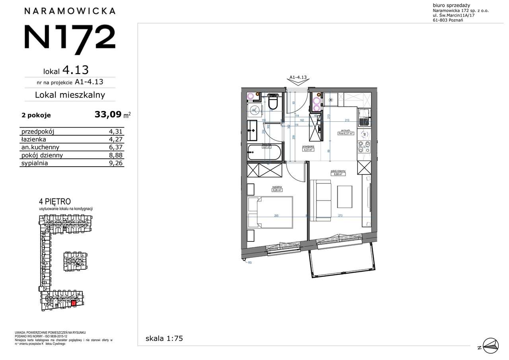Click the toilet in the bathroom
pos(273,103)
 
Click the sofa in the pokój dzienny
pos(321,200)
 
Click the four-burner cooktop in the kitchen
pos(365,146)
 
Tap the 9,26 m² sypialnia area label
pos(277,189)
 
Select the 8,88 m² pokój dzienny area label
pos(338,173)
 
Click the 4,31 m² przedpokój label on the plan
pos(308,149)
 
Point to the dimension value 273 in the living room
pos(340,216)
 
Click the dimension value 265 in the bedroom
pos(276,216)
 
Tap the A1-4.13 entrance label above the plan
pos(299,78)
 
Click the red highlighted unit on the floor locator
pos(74,304)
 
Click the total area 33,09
pos(108,115)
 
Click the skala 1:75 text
pos(164,339)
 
